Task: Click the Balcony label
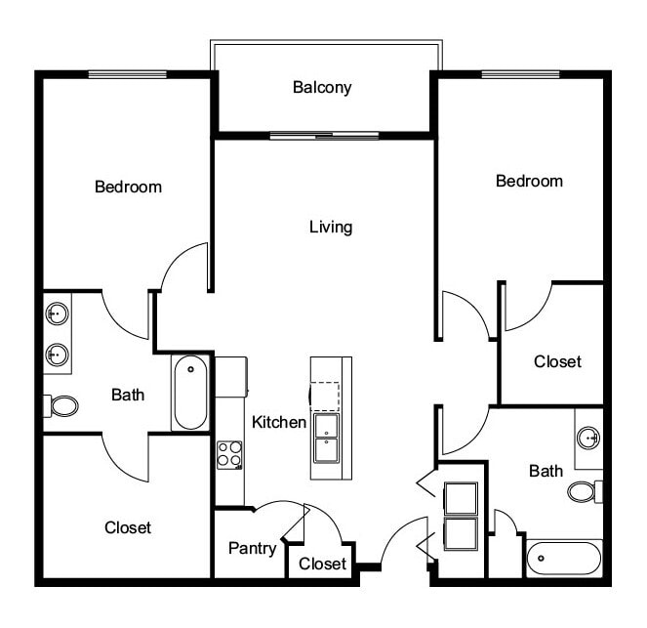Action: (322, 88)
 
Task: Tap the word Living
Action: (331, 228)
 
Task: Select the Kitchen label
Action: (280, 423)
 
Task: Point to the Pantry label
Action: (252, 548)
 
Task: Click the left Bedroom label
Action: (128, 187)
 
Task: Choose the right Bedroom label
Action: (529, 181)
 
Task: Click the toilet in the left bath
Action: (62, 404)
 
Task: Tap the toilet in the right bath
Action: (584, 490)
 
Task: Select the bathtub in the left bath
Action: (190, 393)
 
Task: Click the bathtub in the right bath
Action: (564, 560)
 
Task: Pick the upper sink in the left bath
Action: (57, 314)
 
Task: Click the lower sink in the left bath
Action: (57, 354)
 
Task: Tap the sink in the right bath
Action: (588, 435)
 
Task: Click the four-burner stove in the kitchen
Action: (229, 454)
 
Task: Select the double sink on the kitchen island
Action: (325, 438)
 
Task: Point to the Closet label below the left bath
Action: (128, 527)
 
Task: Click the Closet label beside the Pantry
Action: (322, 564)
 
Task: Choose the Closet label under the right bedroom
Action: (557, 361)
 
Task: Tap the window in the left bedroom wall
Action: (128, 74)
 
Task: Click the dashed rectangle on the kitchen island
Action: (325, 395)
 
